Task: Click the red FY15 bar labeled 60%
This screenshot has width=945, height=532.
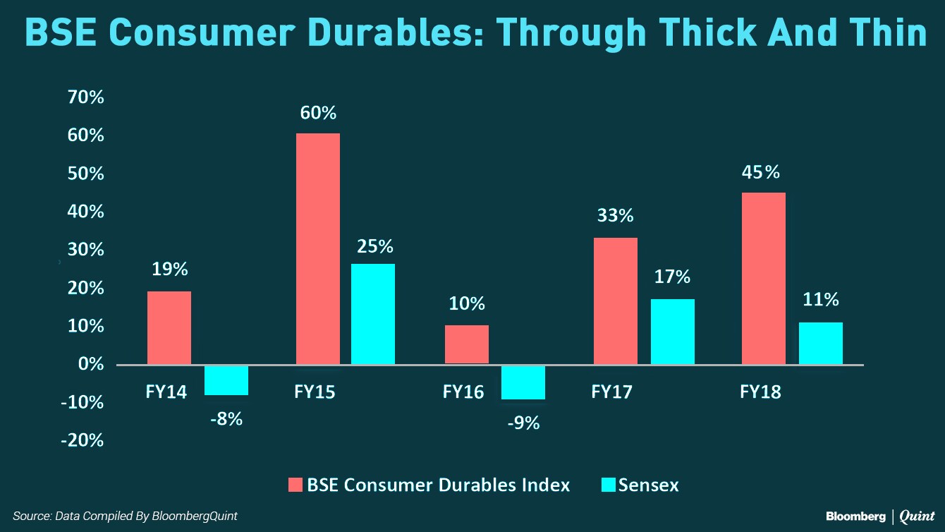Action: coord(318,248)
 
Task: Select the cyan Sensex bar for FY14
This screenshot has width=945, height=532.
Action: coord(226,380)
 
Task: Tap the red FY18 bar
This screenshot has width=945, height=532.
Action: coord(764,278)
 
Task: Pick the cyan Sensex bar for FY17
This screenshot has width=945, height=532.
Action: coord(673,332)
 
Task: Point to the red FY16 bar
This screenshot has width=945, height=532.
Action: coord(467,344)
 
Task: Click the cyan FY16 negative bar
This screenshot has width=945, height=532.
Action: coord(523,382)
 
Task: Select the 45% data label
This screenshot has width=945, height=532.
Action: coord(762,172)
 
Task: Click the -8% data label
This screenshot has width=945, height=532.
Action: coord(226,418)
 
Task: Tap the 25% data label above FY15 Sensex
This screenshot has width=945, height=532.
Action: coord(374,246)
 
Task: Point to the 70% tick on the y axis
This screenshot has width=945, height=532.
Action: coord(85,97)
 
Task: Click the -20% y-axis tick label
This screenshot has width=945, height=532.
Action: coord(82,440)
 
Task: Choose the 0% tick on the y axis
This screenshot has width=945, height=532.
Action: coord(90,364)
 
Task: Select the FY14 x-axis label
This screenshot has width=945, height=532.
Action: coord(166,392)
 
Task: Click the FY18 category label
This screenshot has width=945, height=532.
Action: coord(760,392)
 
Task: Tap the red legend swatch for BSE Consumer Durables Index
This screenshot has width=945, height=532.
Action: coord(295,485)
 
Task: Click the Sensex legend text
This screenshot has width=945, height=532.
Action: coord(648,485)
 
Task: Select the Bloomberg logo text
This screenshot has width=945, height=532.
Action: coord(855,516)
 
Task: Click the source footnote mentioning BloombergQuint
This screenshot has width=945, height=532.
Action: coord(125,516)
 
